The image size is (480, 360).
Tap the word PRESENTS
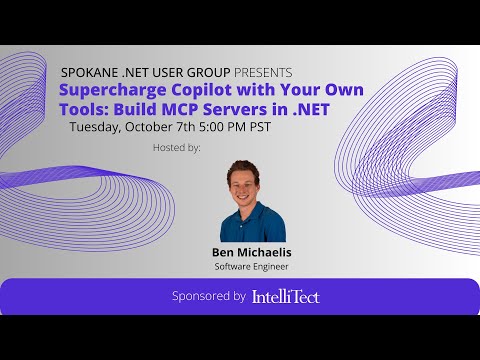tap(263, 73)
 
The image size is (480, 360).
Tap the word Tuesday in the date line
tap(98, 127)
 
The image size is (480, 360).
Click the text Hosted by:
tap(176, 146)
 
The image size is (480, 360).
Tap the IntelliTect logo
tap(285, 296)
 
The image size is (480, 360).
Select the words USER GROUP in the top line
tap(190, 73)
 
